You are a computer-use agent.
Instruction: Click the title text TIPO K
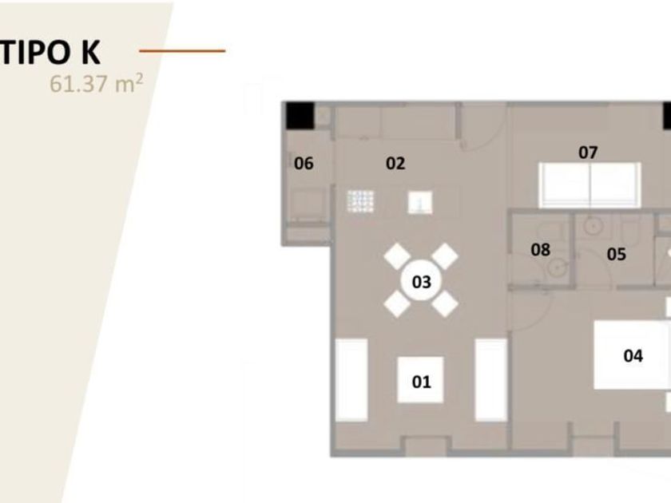click(x=50, y=50)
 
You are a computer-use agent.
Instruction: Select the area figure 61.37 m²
click(x=97, y=83)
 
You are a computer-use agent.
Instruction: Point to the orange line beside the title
click(x=182, y=51)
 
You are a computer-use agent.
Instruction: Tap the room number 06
click(x=304, y=164)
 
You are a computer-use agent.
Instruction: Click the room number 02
click(x=395, y=164)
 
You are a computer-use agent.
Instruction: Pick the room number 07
click(x=588, y=152)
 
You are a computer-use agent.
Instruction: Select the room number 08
click(x=541, y=250)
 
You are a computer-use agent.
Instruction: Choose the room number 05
click(x=616, y=255)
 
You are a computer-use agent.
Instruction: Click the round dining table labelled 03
click(x=421, y=281)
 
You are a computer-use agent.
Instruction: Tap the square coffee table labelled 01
click(x=421, y=381)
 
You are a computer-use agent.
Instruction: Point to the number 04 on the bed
click(x=633, y=355)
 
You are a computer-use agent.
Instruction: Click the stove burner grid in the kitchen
click(x=361, y=201)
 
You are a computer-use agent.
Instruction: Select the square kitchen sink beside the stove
click(x=420, y=203)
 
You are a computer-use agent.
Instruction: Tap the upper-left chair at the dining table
click(x=398, y=257)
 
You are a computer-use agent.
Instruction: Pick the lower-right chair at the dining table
click(x=444, y=303)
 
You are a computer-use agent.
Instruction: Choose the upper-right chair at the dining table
click(x=444, y=257)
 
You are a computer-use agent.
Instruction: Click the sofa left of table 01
click(x=351, y=379)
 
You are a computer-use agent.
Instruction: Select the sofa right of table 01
click(x=491, y=379)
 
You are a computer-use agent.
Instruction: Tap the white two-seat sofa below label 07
click(x=590, y=184)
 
